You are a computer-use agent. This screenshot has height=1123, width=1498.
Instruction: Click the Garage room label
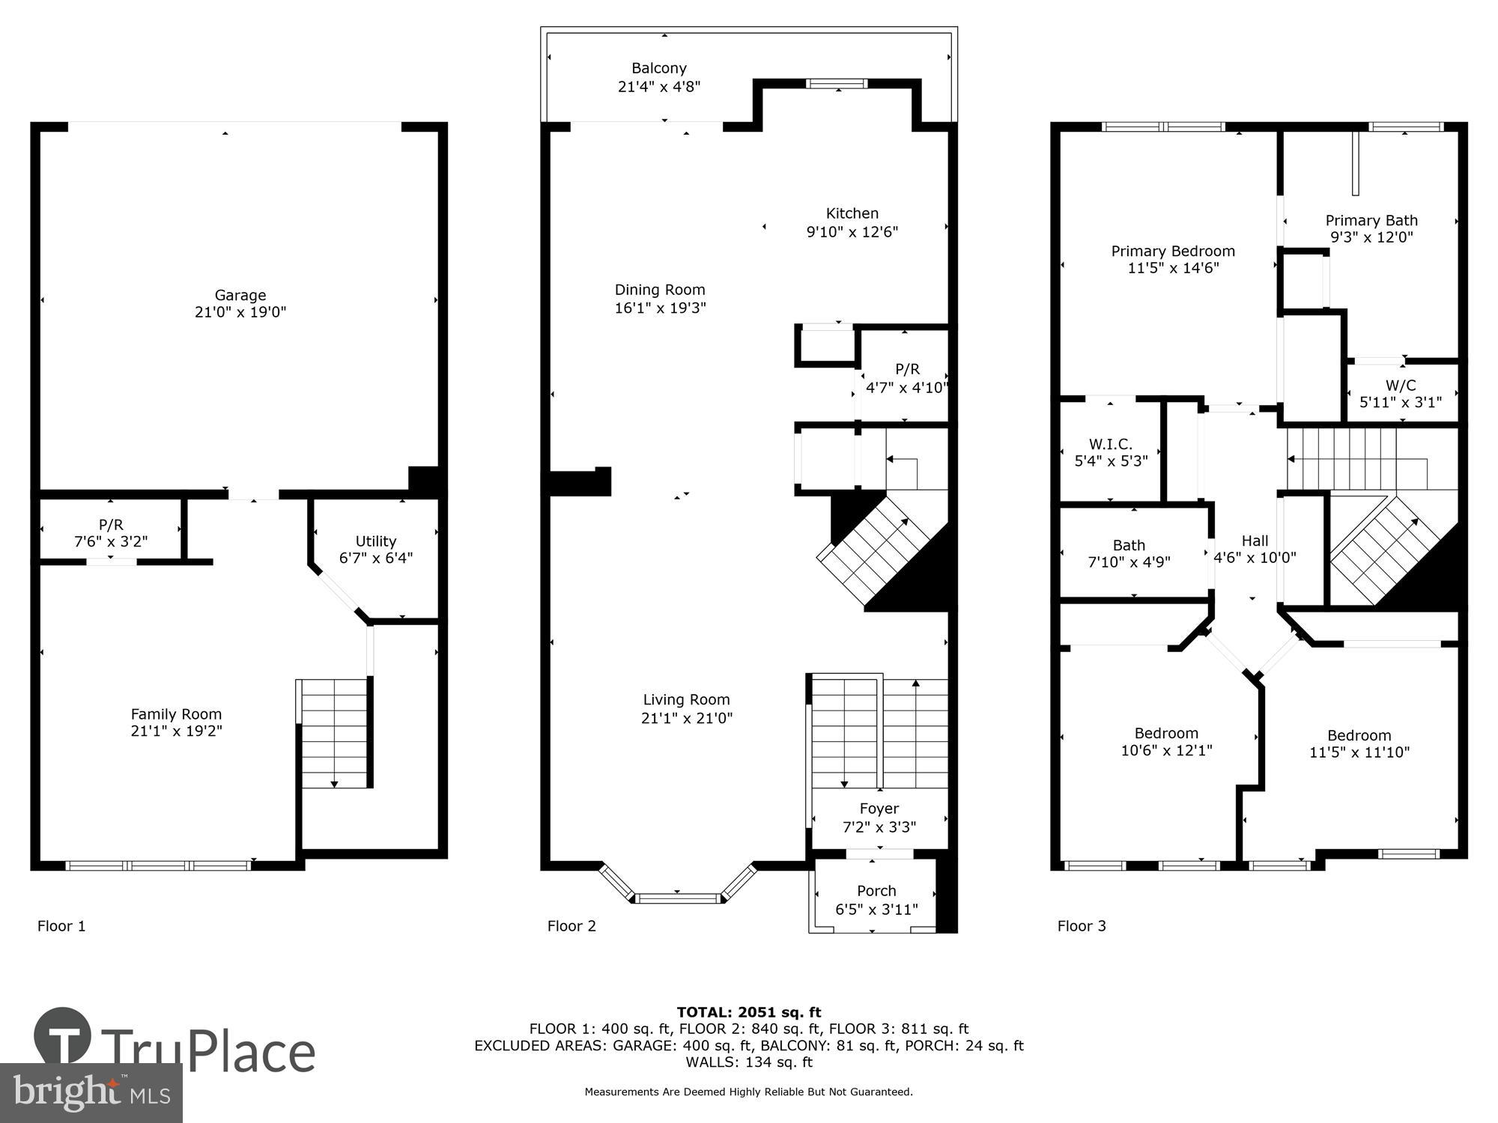[240, 295]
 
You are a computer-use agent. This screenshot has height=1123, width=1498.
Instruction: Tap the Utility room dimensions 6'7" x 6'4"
[375, 559]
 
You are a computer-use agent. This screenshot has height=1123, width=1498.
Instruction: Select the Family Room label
[176, 714]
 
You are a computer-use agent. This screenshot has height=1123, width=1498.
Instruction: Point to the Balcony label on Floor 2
[658, 68]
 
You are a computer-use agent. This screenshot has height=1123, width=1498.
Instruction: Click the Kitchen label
[852, 213]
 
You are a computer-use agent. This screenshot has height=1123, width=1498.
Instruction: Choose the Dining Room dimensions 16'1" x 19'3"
[660, 308]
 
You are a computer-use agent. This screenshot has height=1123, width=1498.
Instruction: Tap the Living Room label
[686, 700]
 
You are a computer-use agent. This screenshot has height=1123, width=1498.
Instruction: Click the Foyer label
[879, 809]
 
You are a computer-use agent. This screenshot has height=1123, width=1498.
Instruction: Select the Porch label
[876, 891]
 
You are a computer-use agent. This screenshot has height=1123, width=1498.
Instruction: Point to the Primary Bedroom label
[1172, 252]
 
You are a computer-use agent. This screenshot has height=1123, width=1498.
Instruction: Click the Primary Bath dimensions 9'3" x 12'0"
[1371, 237]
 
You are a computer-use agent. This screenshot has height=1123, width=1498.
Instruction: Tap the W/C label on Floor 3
[1400, 386]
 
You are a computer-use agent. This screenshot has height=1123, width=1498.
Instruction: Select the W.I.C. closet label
[1110, 445]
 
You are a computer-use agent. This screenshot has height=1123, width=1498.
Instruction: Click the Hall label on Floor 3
[1255, 541]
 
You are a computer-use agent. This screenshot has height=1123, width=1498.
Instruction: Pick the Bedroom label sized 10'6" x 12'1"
[1165, 734]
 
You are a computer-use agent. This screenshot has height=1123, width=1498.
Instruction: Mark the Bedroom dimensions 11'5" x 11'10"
[1359, 752]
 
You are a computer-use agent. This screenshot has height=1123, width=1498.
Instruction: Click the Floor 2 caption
[571, 926]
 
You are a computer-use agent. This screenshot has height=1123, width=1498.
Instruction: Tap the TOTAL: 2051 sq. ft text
[748, 1013]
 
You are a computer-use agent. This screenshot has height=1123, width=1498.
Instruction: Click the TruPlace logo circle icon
[63, 1036]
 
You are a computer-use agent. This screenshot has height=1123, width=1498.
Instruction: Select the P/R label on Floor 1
[110, 525]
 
